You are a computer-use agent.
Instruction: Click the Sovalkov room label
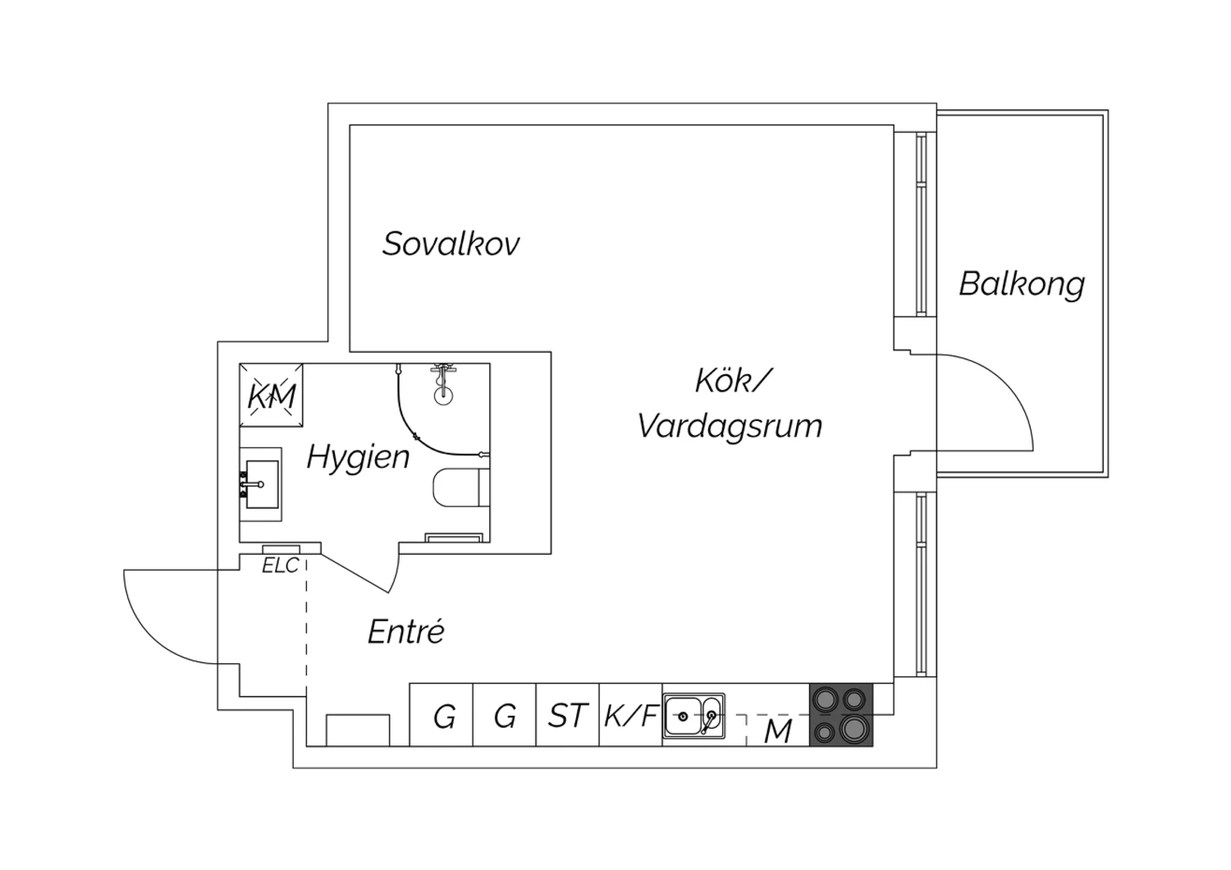click(451, 244)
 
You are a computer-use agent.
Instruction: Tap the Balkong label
click(1022, 284)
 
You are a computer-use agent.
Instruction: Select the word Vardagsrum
click(730, 426)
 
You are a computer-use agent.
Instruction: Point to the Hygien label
click(358, 457)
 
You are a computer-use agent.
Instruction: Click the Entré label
click(405, 632)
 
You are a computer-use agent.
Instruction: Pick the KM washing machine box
click(271, 396)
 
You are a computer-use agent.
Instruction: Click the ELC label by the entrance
click(280, 565)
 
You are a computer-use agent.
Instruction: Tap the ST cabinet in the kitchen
click(568, 716)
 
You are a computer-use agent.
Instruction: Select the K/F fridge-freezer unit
click(630, 716)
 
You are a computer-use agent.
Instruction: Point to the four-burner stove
click(841, 716)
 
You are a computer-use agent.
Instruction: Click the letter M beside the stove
click(777, 730)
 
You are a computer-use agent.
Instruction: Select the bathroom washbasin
click(261, 484)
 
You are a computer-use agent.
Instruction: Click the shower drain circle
click(443, 394)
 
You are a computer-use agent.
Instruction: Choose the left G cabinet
click(443, 717)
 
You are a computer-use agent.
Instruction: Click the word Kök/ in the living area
click(733, 381)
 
